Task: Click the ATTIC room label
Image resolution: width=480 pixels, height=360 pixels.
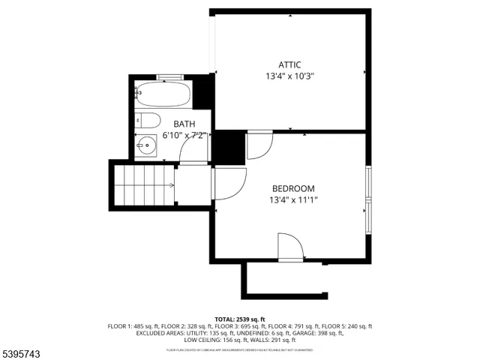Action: [x=289, y=65]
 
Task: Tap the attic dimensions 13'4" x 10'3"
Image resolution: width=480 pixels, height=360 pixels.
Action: [x=289, y=76]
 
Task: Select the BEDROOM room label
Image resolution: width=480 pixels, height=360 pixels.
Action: [x=292, y=188]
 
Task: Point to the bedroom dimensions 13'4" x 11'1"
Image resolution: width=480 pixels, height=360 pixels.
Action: [x=292, y=200]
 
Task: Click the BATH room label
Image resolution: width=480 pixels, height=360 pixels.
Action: [x=184, y=124]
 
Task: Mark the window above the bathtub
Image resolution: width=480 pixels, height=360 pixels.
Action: [x=169, y=76]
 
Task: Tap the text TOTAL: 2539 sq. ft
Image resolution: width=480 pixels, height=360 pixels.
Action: [x=240, y=319]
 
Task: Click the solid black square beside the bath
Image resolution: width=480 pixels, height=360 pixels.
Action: [x=227, y=146]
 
